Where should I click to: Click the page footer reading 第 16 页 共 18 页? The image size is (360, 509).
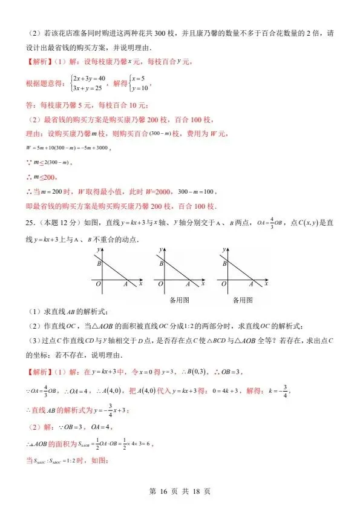(x=180, y=491)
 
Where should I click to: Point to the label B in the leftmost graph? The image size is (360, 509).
(x=98, y=263)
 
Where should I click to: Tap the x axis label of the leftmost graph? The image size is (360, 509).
(x=141, y=283)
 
